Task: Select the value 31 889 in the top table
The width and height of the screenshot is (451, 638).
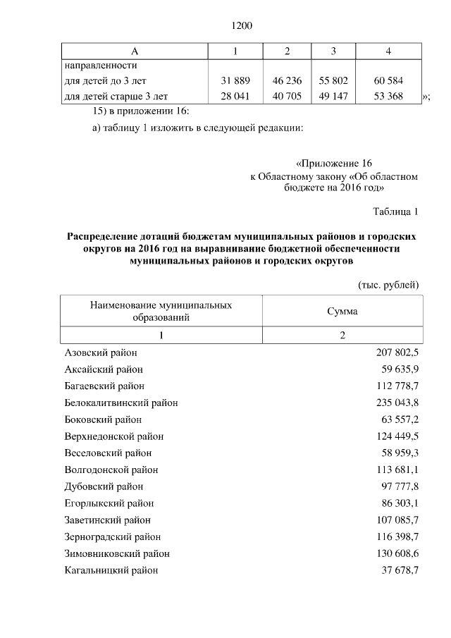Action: coord(235,81)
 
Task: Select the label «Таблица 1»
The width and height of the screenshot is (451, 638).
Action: coord(395,211)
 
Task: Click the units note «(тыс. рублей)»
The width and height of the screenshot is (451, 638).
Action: coord(389,284)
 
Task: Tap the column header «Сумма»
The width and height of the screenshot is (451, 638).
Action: coord(342,311)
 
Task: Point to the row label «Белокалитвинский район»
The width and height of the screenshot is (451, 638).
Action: coord(121,403)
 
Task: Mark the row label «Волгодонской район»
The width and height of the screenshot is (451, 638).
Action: coord(111,470)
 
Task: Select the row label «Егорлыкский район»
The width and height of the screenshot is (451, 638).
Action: coord(109,503)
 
